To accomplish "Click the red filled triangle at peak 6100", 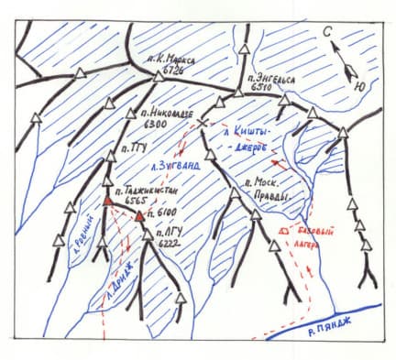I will [139, 216].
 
